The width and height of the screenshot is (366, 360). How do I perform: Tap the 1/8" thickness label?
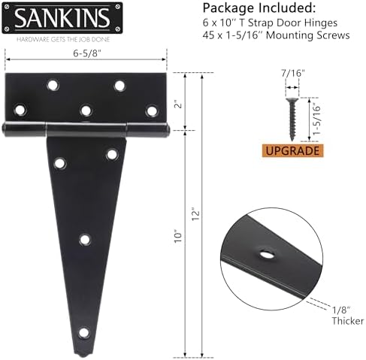coord(339,309)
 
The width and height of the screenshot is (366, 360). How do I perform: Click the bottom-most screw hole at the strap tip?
coord(84,331)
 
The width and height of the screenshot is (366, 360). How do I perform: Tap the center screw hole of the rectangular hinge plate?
coord(84,110)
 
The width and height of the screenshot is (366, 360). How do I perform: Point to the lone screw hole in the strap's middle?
coord(84,240)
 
